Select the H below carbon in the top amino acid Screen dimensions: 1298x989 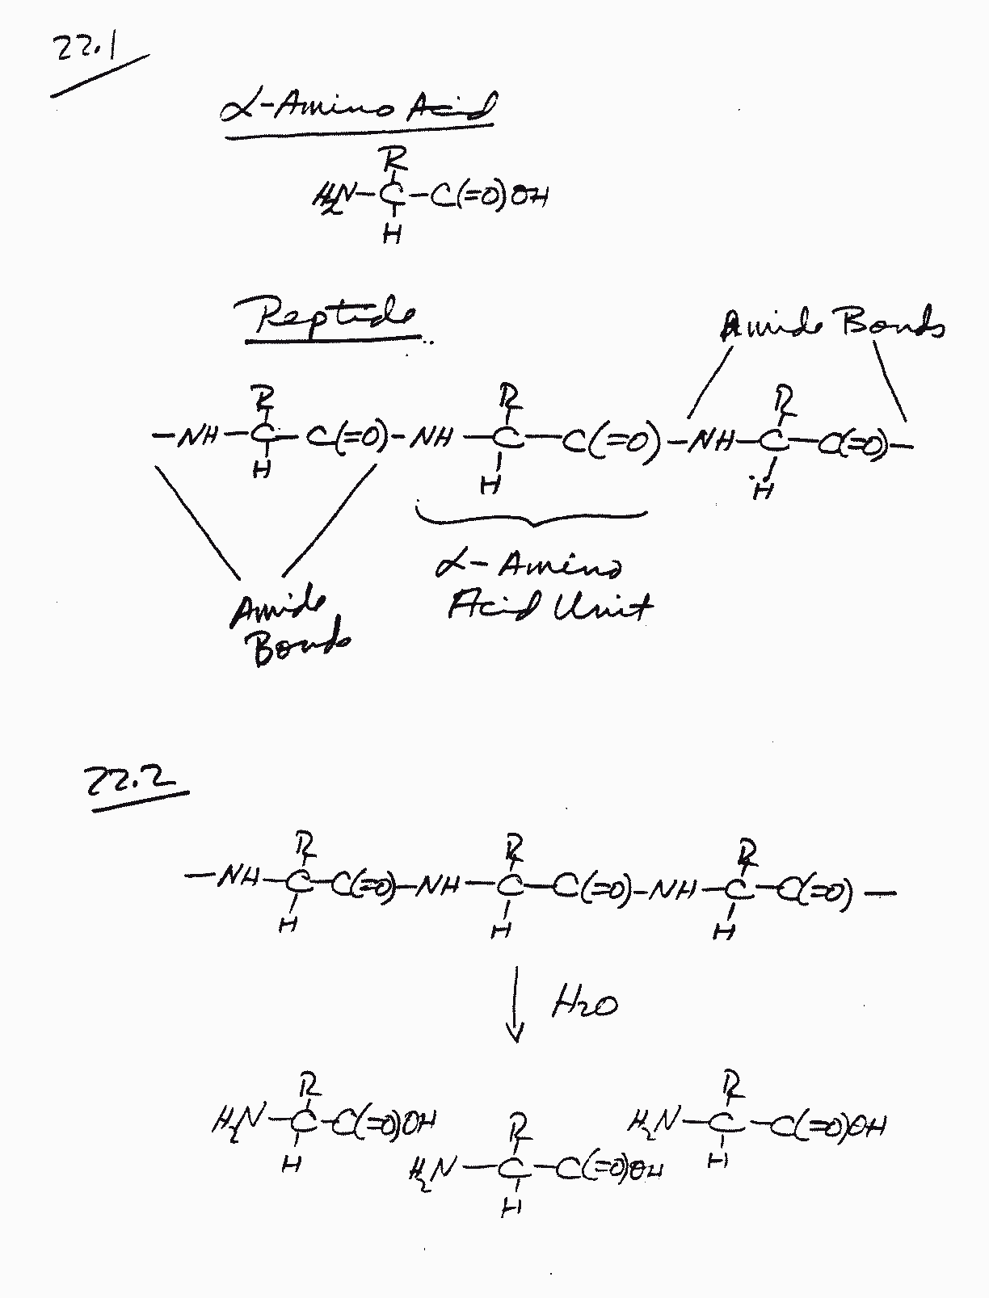point(393,235)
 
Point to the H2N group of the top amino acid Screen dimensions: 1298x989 point(333,195)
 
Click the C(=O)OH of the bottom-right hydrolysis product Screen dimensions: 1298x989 point(828,1124)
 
